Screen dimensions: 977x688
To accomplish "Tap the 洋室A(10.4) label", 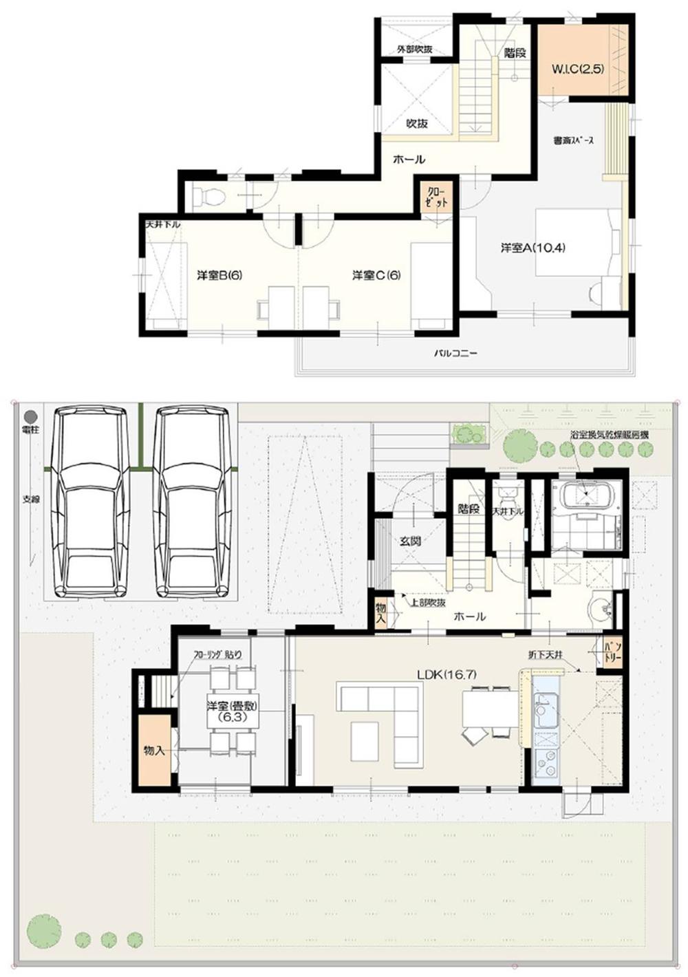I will pyautogui.click(x=533, y=248).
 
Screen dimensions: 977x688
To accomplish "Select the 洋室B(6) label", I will pyautogui.click(x=219, y=275).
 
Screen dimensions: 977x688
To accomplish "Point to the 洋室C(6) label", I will pyautogui.click(x=376, y=275).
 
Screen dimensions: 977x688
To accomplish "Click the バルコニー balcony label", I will pyautogui.click(x=455, y=354).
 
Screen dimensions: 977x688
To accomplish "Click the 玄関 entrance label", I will pyautogui.click(x=411, y=541).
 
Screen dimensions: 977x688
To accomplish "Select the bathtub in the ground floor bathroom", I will pyautogui.click(x=586, y=494).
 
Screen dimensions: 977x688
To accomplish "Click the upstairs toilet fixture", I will pyautogui.click(x=209, y=197).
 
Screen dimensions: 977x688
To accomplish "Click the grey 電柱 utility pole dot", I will pyautogui.click(x=30, y=416).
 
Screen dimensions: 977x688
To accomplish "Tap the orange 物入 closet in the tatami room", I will pyautogui.click(x=154, y=750).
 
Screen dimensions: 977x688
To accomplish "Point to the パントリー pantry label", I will pyautogui.click(x=612, y=651).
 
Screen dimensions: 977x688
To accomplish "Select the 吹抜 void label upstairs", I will pyautogui.click(x=416, y=123).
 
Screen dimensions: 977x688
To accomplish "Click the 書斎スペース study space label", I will pyautogui.click(x=573, y=140).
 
